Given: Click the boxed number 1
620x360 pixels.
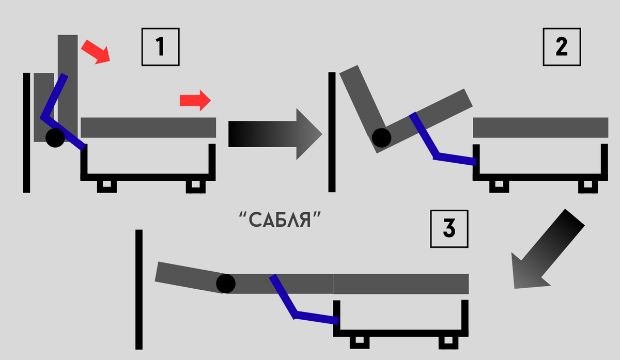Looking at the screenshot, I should pos(160,47).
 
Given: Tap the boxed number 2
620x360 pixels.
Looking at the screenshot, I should pos(562,47).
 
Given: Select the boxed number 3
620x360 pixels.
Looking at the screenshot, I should pos(449,228).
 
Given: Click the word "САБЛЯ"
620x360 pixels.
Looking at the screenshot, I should pos(281,221).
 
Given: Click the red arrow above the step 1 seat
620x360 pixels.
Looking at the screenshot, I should pos(195,100).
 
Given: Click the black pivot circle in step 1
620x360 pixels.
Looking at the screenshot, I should pos(55,137).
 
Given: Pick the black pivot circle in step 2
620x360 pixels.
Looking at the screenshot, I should pos(382,137).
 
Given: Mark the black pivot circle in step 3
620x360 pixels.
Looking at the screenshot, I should pos(225,283).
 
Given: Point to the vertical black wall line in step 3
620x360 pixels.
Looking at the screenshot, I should pos(138,289).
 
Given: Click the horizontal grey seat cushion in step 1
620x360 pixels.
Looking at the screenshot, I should pos(148,128).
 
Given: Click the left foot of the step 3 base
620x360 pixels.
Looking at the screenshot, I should pos(359,342).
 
